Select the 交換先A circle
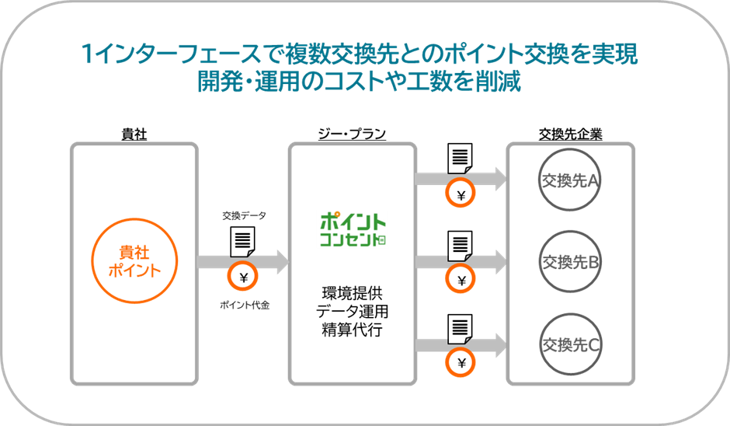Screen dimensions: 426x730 569,180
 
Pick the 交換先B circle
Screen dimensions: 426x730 569,262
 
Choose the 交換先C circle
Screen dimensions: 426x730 569,344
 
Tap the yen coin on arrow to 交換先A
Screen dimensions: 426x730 461,196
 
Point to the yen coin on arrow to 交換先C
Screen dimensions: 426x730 461,361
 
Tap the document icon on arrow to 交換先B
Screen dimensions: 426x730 460,243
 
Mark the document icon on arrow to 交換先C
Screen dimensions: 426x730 460,326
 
